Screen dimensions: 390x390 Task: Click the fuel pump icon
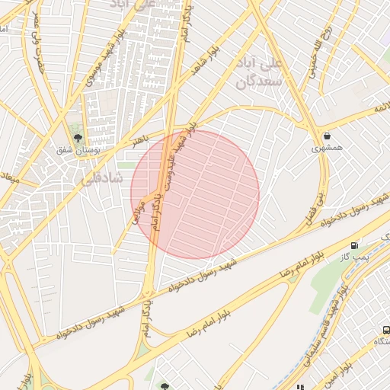coord(354,245)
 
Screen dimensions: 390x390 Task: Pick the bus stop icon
coord(387,331)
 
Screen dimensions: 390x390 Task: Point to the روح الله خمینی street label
coord(317,50)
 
